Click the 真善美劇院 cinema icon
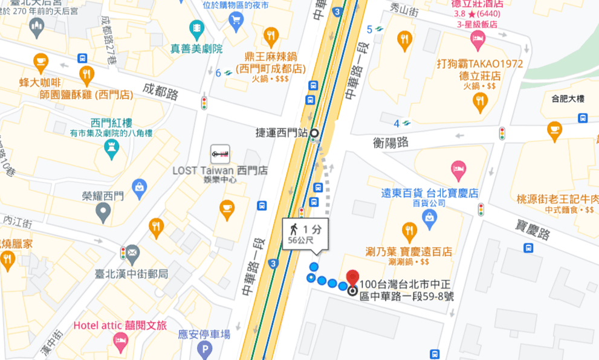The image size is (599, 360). [196, 27]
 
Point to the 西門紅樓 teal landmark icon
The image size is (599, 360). [111, 148]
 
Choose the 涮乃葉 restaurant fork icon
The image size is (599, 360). [409, 231]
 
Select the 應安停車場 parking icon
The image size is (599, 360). [205, 349]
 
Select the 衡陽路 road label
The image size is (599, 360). [391, 143]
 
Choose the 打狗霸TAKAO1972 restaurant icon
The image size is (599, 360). [481, 102]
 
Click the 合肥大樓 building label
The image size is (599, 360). [565, 98]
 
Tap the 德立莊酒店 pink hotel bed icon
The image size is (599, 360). [477, 39]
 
